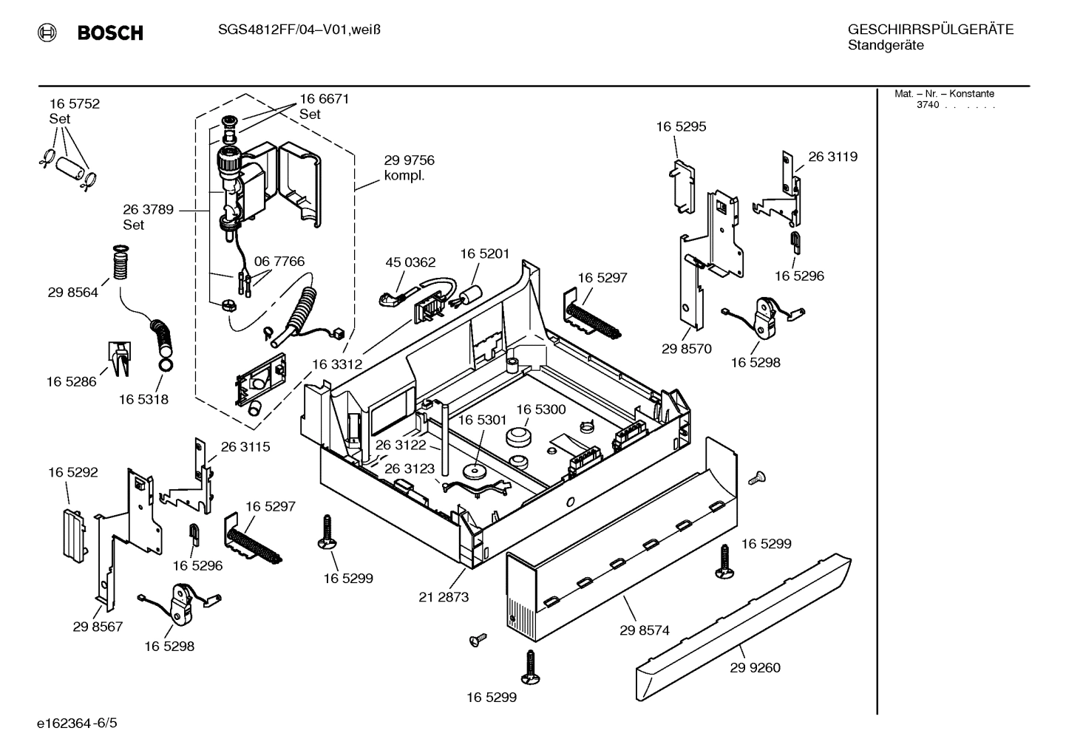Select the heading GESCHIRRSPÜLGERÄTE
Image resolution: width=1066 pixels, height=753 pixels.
tap(930, 30)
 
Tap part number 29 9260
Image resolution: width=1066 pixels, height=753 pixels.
tap(755, 667)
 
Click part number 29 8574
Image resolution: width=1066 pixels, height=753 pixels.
tap(644, 630)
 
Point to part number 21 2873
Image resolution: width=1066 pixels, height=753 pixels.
tap(444, 597)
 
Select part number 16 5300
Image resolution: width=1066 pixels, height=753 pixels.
tap(540, 409)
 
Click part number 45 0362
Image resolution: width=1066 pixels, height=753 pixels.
tap(410, 262)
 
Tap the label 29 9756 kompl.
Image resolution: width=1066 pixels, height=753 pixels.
tap(409, 168)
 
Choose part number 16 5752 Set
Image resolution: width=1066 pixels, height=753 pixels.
tap(74, 111)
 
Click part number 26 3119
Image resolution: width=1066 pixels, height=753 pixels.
tap(832, 157)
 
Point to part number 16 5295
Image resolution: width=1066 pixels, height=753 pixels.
tap(681, 126)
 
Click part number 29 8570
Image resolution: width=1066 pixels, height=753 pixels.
tap(686, 349)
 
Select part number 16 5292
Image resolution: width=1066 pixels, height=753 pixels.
tap(73, 472)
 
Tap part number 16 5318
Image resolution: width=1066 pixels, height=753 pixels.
tap(143, 399)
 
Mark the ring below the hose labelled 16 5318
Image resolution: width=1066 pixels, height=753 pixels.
tap(166, 363)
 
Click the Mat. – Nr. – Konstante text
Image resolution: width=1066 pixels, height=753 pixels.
tap(944, 94)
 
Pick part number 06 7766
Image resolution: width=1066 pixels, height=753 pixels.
tap(279, 262)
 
